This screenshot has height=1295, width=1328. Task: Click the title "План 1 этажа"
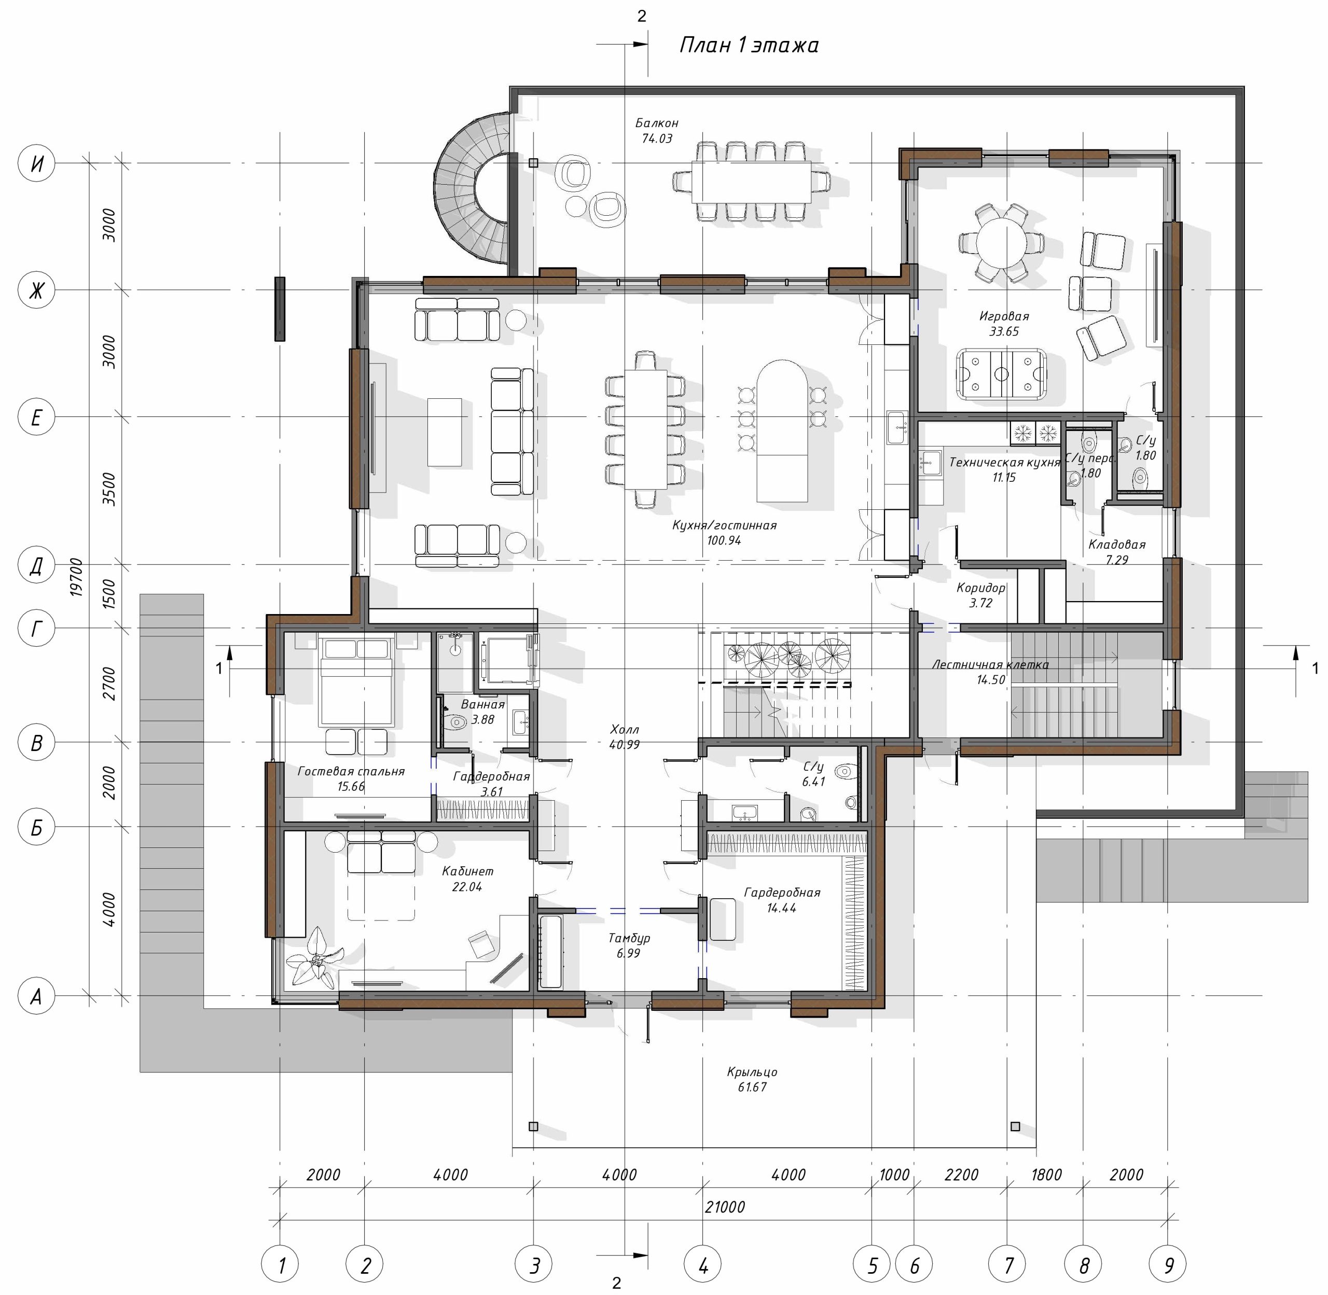pyautogui.click(x=749, y=45)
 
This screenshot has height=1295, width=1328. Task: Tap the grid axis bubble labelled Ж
pyautogui.click(x=36, y=290)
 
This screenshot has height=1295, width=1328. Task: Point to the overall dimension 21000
pyautogui.click(x=725, y=1207)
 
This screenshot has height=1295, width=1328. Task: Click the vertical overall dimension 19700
pyautogui.click(x=76, y=577)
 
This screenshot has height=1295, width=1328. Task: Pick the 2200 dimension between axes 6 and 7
pyautogui.click(x=961, y=1175)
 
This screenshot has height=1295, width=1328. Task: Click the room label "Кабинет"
pyautogui.click(x=467, y=871)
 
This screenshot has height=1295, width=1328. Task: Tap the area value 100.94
pyautogui.click(x=724, y=541)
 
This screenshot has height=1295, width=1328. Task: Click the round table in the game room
pyautogui.click(x=1001, y=242)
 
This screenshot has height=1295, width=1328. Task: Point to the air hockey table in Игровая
pyautogui.click(x=1001, y=373)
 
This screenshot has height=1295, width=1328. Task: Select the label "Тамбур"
pyautogui.click(x=629, y=938)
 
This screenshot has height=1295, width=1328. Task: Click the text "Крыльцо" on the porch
pyautogui.click(x=752, y=1072)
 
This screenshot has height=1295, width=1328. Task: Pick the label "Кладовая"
pyautogui.click(x=1116, y=545)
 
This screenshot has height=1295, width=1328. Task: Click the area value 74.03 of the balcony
pyautogui.click(x=657, y=139)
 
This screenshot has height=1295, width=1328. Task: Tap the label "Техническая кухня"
pyautogui.click(x=1004, y=463)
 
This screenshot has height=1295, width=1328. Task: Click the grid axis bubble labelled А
pyautogui.click(x=36, y=996)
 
